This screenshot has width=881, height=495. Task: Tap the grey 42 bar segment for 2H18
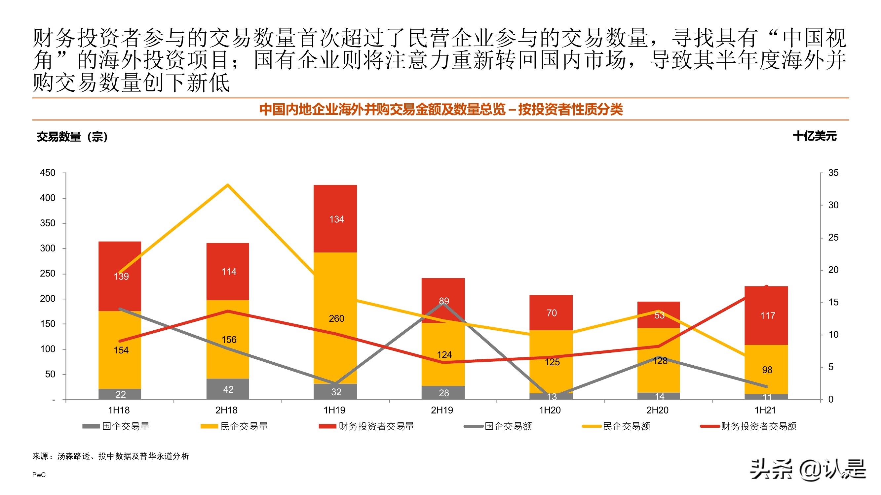[x=228, y=389]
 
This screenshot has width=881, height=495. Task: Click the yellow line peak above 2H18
[x=228, y=185]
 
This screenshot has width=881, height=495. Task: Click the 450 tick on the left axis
[x=48, y=173]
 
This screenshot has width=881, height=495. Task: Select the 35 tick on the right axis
[x=833, y=173]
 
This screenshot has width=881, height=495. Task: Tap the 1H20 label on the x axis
[x=550, y=410]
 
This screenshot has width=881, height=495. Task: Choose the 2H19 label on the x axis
[x=442, y=410]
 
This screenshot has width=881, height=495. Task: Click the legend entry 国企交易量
[x=116, y=426]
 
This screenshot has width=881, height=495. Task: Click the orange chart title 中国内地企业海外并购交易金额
[x=440, y=109]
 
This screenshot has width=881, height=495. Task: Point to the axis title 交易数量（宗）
[x=72, y=137]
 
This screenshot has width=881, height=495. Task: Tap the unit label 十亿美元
[x=814, y=136]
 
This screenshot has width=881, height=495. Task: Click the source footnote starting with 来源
[x=110, y=456]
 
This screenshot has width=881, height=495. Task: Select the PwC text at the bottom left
[x=39, y=475]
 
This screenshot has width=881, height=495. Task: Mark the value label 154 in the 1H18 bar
[x=121, y=350]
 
